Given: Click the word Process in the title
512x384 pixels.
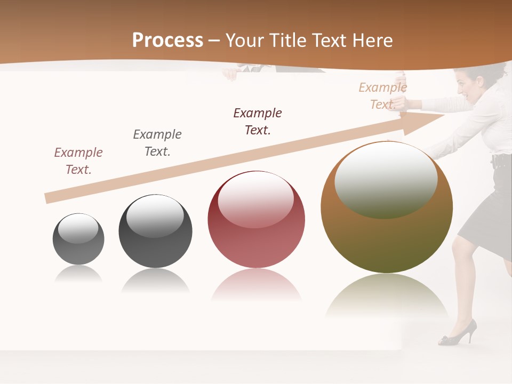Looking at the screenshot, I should (167, 41).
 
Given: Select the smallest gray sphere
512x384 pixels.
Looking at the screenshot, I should (78, 239).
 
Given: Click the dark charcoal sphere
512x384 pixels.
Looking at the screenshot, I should (155, 231).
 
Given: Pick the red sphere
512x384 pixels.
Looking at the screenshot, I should (256, 219).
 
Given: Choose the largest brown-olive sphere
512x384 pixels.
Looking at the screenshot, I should (387, 207).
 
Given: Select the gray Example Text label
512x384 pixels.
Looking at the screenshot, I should (157, 143).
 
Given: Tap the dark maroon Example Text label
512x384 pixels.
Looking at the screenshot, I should (258, 122).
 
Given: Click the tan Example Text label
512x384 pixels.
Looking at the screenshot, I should (382, 96).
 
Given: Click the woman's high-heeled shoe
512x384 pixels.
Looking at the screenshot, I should (458, 333).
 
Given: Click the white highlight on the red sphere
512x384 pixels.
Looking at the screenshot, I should (256, 199).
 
